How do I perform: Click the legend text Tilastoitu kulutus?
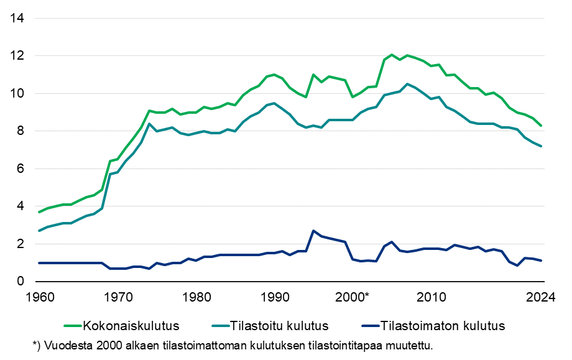point(279,325)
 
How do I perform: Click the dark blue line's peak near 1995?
point(313,231)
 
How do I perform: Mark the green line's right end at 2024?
point(541,126)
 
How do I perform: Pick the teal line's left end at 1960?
point(39,231)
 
